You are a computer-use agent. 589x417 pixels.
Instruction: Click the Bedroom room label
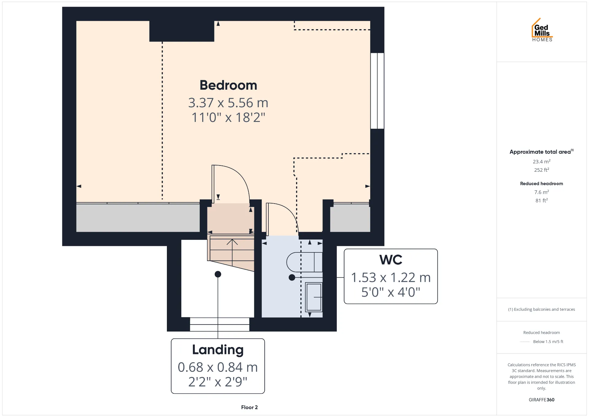point(228,85)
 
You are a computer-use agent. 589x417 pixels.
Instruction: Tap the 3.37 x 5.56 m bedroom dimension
point(228,103)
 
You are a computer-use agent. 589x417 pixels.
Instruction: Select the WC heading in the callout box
point(391,260)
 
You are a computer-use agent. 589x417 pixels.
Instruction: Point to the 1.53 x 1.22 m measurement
point(391,277)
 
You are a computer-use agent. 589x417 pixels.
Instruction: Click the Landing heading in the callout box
point(218,350)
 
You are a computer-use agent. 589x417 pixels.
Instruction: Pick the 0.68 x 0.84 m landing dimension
point(218,367)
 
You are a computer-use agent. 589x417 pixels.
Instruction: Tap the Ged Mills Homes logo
point(542,30)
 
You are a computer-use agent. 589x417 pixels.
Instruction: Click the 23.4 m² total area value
point(541,162)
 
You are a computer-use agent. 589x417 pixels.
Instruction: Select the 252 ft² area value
point(541,170)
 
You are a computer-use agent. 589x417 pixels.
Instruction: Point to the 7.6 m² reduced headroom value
point(541,192)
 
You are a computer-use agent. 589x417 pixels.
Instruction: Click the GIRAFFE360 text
point(541,399)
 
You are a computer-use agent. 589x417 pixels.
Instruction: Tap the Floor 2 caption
point(249,407)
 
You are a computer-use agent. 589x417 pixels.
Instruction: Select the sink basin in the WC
point(314,297)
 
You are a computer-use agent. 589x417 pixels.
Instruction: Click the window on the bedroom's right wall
point(377,91)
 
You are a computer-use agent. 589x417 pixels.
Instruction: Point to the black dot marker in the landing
point(218,274)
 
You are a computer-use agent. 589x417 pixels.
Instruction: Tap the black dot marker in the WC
point(292,277)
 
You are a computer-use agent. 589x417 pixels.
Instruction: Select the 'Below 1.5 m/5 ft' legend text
point(548,341)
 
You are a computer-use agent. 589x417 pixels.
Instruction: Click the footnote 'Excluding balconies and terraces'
point(544,309)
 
